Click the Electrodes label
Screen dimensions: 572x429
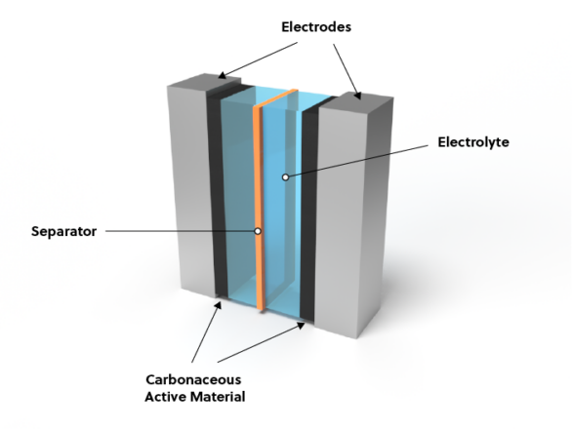tap(316, 27)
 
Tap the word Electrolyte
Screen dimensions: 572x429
tap(473, 142)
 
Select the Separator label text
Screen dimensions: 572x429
tap(63, 231)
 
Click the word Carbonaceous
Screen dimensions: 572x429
tap(193, 380)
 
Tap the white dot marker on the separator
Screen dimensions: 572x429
tap(258, 231)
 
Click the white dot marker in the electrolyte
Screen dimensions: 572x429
tap(286, 177)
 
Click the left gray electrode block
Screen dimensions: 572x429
tap(191, 189)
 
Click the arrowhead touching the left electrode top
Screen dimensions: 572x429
tap(222, 76)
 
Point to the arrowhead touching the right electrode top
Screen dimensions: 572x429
tap(358, 96)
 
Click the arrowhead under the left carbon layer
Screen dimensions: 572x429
tap(219, 305)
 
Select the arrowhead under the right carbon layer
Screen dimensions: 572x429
tap(302, 325)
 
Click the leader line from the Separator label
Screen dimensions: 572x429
tap(180, 231)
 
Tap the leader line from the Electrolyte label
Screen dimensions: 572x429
tap(358, 162)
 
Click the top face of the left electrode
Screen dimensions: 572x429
tap(204, 80)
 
